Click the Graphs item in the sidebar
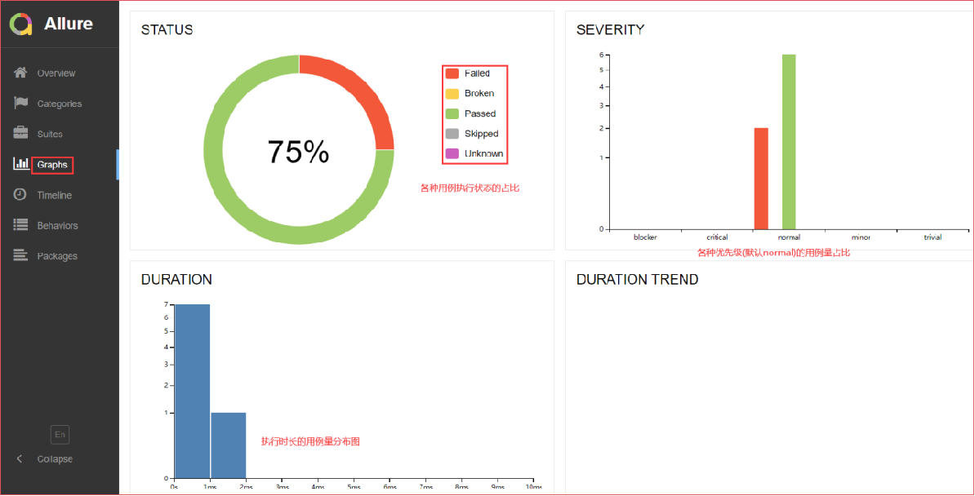(x=52, y=165)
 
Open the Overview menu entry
(x=56, y=73)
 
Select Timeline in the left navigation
(x=54, y=195)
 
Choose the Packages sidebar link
(x=57, y=256)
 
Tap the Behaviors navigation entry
(x=57, y=226)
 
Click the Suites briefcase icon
(x=21, y=133)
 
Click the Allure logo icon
(x=21, y=24)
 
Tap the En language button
(x=60, y=435)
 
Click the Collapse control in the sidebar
(x=54, y=459)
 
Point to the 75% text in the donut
(x=298, y=152)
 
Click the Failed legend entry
(x=476, y=73)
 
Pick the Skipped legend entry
(x=480, y=134)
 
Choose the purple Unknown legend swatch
(x=452, y=153)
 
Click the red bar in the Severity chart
(x=761, y=179)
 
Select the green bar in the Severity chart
(x=789, y=141)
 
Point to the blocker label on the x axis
(x=645, y=237)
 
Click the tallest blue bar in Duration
(x=193, y=391)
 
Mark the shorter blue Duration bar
(x=229, y=445)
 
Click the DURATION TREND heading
(x=637, y=280)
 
